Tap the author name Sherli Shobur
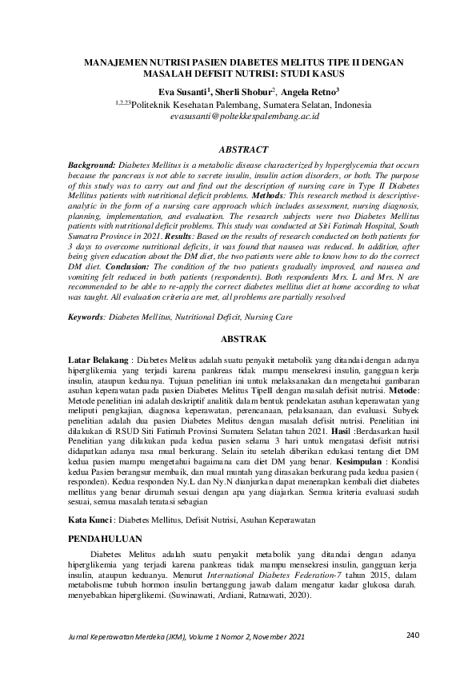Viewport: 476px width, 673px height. [244, 93]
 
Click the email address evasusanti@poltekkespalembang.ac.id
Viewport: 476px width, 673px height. [245, 116]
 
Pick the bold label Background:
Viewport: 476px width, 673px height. [87, 161]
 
